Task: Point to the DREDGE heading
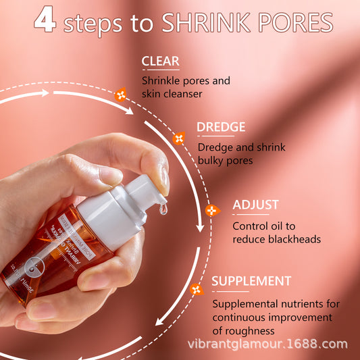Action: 221,128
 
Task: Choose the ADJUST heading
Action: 255,205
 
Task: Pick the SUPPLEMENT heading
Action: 251,281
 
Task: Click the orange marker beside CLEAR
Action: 121,95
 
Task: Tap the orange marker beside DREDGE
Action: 179,138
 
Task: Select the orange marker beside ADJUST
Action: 211,211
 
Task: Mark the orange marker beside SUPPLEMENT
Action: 197,289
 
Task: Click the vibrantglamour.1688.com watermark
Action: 267,344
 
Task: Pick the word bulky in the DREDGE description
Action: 211,161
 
